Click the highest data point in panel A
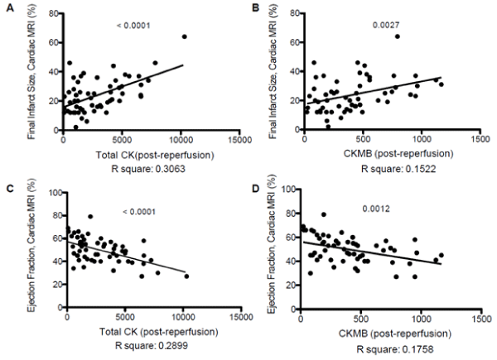184,37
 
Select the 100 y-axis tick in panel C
55,192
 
